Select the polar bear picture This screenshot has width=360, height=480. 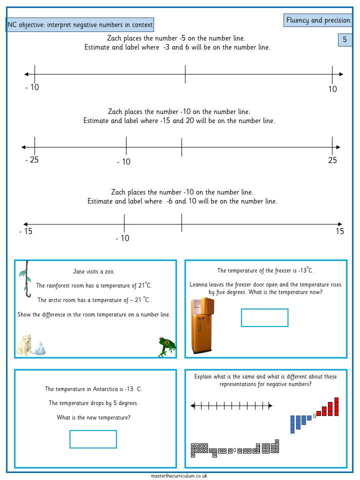click(x=26, y=344)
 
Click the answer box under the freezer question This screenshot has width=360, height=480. click(x=264, y=317)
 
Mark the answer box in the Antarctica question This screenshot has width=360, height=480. click(x=93, y=439)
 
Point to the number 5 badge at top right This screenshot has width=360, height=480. click(x=344, y=40)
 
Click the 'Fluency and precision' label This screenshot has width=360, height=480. click(x=317, y=20)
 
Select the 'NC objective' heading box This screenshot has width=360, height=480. click(x=80, y=25)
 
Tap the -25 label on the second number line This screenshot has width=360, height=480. click(x=32, y=160)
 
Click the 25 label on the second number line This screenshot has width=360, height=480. click(x=332, y=160)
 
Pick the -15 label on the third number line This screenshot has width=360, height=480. click(x=25, y=231)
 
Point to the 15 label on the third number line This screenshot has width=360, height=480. click(x=340, y=231)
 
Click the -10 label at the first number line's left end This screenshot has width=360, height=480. click(x=32, y=87)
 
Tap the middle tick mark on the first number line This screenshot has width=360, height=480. click(x=185, y=74)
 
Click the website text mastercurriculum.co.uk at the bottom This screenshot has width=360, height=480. click(x=179, y=476)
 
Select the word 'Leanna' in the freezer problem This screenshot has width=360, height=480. click(x=199, y=284)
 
